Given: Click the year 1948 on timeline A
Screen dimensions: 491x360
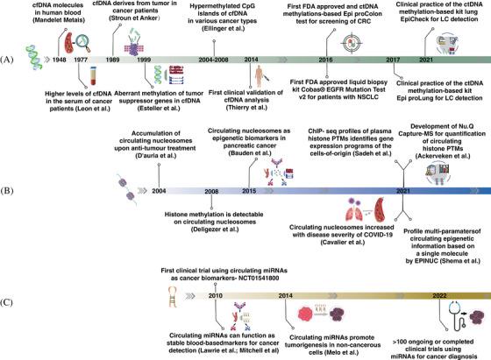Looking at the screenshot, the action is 60,60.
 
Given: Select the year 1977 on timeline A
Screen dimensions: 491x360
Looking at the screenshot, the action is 81,60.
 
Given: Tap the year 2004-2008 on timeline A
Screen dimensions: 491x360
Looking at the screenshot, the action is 213,60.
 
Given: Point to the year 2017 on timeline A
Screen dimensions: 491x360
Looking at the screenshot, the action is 393,60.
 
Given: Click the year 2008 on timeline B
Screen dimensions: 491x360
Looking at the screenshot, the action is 211,191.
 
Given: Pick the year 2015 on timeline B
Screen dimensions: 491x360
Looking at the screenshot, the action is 249,190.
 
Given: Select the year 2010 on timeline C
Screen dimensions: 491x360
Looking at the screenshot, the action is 216,295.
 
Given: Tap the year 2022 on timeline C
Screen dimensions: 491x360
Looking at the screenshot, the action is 439,295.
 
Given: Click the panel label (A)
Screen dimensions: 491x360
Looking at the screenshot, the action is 7,60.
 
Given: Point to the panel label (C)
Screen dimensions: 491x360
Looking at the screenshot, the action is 7,302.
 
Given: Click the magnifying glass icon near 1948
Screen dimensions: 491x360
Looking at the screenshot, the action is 83,43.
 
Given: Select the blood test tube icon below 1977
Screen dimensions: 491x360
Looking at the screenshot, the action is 93,76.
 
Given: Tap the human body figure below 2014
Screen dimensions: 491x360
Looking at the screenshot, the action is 260,76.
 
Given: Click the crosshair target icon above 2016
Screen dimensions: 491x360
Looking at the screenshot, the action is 352,43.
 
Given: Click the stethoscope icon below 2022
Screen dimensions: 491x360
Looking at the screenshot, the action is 458,316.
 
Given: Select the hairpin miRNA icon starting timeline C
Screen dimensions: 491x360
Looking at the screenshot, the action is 172,297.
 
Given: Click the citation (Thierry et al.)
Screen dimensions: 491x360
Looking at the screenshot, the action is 246,108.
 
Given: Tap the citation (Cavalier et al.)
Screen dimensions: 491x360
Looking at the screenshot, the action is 342,243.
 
